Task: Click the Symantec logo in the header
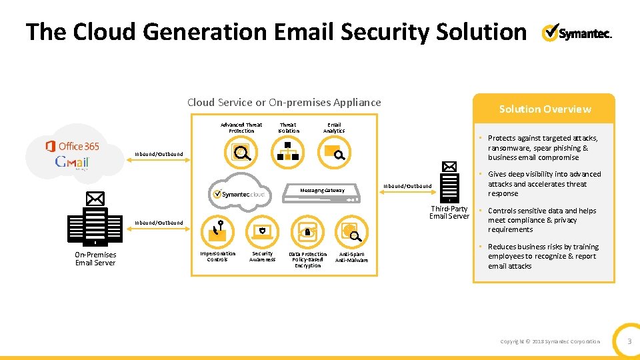[x=577, y=33]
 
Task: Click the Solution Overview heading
[x=545, y=109]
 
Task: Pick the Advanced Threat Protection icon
[x=241, y=154]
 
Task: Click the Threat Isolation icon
[x=288, y=154]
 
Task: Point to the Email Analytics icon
[x=334, y=154]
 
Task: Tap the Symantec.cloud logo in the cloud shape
[x=237, y=193]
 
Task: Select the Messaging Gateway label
[x=322, y=191]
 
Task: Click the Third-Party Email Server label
[x=449, y=212]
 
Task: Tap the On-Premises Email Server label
[x=95, y=259]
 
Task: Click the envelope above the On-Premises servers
[x=95, y=198]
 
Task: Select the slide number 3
[x=628, y=341]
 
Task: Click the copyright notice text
[x=550, y=341]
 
